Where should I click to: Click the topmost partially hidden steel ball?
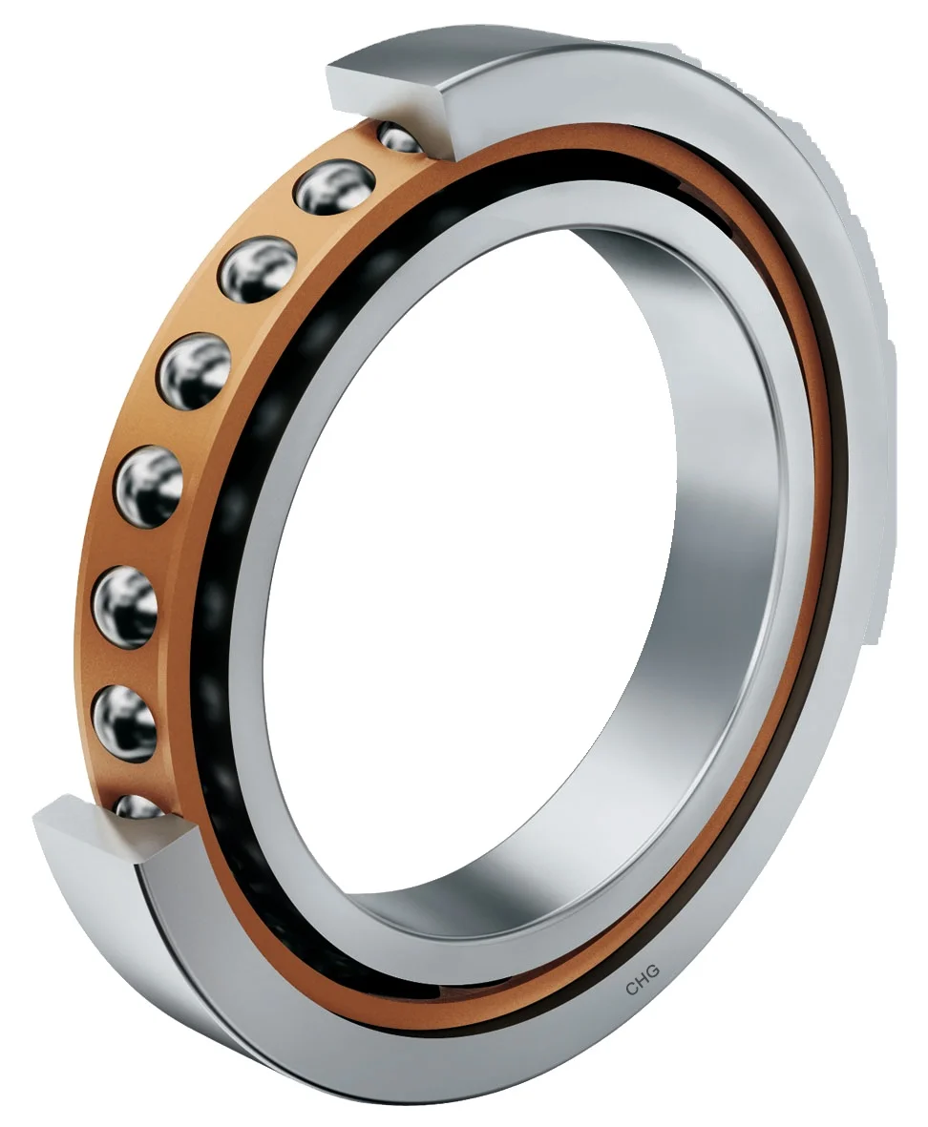point(400,139)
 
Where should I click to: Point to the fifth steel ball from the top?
point(149,484)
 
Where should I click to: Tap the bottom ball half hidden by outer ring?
point(139,807)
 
